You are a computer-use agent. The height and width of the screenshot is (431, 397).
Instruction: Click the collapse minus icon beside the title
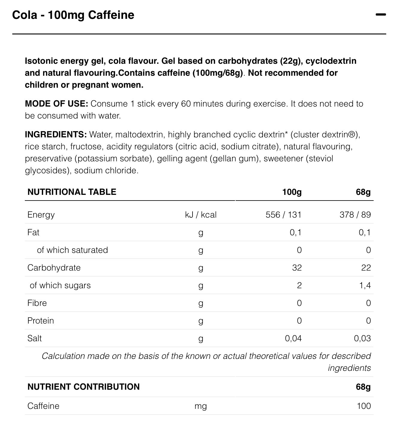[x=381, y=14]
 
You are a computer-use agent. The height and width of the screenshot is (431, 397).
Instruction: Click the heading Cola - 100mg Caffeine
[x=73, y=15]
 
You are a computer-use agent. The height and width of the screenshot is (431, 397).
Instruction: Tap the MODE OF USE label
[x=56, y=104]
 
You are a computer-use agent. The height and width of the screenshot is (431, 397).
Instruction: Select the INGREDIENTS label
[x=56, y=135]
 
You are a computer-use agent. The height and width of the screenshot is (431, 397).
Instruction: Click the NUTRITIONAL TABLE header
[x=72, y=192]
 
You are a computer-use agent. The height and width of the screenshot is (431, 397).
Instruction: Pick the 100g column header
[x=292, y=192]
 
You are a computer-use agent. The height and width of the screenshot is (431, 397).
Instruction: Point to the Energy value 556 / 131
[x=283, y=215]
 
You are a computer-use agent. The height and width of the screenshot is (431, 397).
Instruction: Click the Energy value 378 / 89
[x=355, y=215]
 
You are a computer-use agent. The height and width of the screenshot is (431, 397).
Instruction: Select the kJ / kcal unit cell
[x=201, y=215]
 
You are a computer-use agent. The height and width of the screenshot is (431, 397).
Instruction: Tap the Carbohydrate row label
[x=54, y=268]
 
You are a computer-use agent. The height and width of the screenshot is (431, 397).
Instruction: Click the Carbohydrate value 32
[x=297, y=268]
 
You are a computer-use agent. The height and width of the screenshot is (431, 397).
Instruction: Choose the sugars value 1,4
[x=365, y=285]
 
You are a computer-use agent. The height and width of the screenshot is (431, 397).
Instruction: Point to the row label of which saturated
[x=72, y=250]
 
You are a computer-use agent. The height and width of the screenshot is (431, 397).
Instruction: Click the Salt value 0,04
[x=293, y=338]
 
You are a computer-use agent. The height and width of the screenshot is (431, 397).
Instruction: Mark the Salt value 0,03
[x=362, y=338]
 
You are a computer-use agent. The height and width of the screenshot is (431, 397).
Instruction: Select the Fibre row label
[x=37, y=303]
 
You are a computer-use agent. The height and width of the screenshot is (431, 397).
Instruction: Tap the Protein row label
[x=41, y=321]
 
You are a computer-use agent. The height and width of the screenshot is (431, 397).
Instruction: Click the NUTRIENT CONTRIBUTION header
[x=84, y=387]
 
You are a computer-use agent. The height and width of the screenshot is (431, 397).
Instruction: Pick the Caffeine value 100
[x=364, y=406]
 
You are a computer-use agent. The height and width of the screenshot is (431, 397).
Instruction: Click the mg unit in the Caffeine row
[x=201, y=406]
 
